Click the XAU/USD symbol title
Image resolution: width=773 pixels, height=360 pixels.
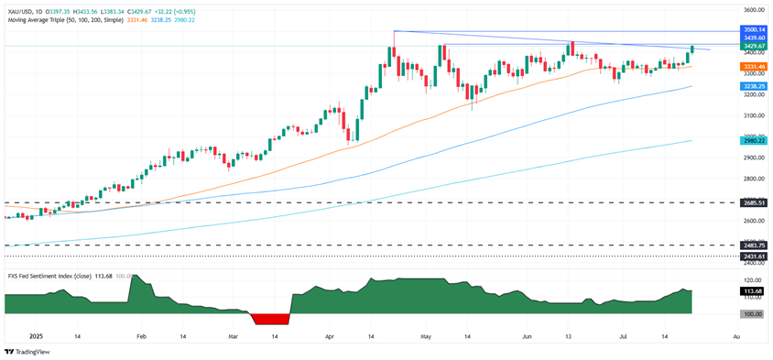(26, 7)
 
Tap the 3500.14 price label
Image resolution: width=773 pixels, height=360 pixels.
(753, 30)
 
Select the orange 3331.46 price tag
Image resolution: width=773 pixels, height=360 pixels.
(753, 66)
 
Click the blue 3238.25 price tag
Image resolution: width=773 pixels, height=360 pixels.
(753, 86)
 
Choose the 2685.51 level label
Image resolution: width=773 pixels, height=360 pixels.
(753, 202)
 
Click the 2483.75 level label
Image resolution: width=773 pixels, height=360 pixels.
(753, 245)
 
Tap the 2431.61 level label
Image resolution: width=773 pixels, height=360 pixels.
(753, 256)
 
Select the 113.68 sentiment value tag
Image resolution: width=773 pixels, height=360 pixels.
(753, 291)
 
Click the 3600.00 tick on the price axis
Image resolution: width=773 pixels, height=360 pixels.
(753, 10)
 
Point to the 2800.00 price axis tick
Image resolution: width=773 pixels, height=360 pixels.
(753, 179)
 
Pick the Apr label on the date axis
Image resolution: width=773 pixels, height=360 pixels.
(330, 337)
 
